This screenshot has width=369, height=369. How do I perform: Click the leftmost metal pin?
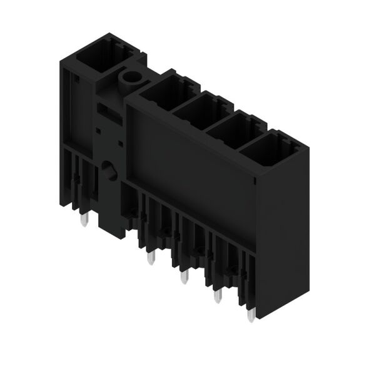(86, 221)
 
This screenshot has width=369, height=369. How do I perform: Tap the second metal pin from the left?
(149, 258)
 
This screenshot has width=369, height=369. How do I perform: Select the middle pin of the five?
(183, 276)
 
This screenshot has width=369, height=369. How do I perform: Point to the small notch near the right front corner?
(255, 181)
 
